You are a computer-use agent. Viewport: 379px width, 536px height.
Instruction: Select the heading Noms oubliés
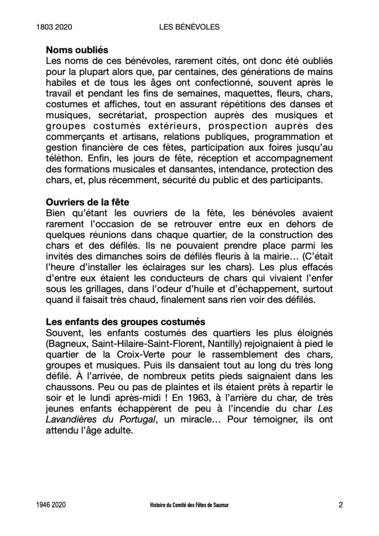77,50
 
